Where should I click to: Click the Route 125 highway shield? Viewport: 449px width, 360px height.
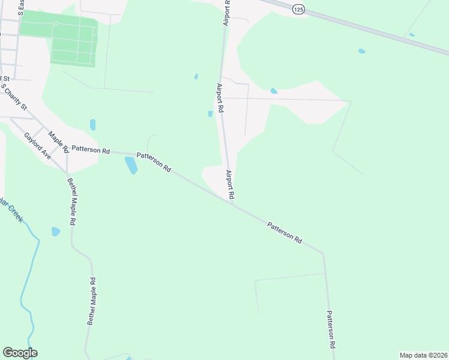[299, 9]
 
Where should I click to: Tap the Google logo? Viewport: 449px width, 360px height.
[20, 353]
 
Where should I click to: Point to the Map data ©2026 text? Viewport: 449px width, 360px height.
[423, 355]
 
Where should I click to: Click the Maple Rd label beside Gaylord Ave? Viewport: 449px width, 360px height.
[59, 142]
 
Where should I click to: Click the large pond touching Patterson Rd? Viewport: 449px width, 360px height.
[131, 165]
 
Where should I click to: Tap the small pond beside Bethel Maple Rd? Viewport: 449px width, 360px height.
[56, 231]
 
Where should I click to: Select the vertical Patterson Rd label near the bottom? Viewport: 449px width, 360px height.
[331, 330]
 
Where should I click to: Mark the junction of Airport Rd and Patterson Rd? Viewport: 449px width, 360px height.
[233, 203]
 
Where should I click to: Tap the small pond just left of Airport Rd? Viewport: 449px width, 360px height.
[210, 114]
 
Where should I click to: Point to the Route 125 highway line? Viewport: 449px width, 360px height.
[372, 30]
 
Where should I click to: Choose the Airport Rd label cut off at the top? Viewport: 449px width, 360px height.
[227, 12]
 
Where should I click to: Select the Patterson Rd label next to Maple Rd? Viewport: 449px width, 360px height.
[90, 149]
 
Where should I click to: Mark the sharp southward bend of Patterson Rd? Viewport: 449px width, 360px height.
[324, 253]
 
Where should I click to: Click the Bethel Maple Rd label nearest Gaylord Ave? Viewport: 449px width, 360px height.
[71, 201]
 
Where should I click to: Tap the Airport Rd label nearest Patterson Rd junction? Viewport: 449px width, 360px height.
[230, 185]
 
